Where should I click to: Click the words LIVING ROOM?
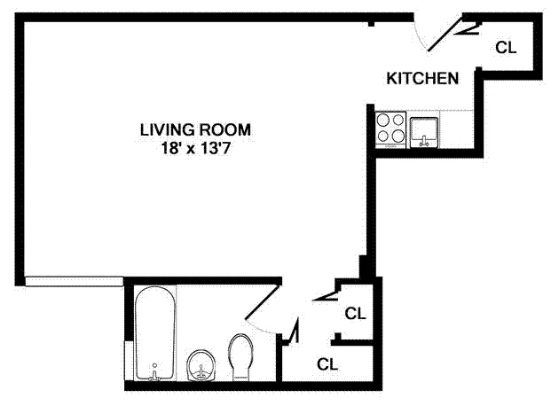pyautogui.click(x=195, y=129)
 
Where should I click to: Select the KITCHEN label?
pyautogui.click(x=422, y=78)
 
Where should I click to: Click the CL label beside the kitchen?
pyautogui.click(x=506, y=48)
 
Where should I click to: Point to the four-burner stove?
pyautogui.click(x=390, y=127)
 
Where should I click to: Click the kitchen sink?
pyautogui.click(x=425, y=129)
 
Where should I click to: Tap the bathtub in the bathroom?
pyautogui.click(x=155, y=332)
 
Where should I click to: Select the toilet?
pyautogui.click(x=241, y=355)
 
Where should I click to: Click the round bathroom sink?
pyautogui.click(x=204, y=363)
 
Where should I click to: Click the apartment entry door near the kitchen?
pyautogui.click(x=448, y=34)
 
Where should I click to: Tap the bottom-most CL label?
pyautogui.click(x=327, y=363)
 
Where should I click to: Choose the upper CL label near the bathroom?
pyautogui.click(x=355, y=313)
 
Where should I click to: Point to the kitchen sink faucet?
pyautogui.click(x=425, y=139)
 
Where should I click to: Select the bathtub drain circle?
pyautogui.click(x=155, y=365)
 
